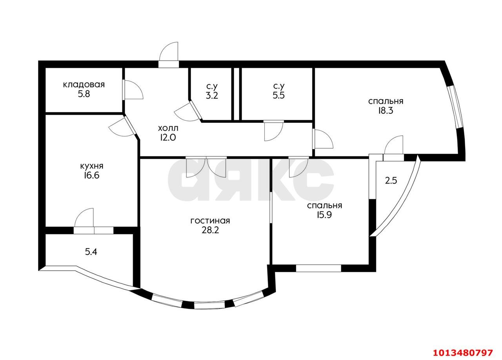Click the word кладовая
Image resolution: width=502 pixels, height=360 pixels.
(84, 85)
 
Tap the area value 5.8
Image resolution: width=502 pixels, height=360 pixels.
(84, 94)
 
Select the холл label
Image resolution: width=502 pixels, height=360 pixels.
(168, 128)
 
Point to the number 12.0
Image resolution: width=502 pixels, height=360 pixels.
(168, 138)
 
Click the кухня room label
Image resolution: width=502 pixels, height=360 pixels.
(92, 166)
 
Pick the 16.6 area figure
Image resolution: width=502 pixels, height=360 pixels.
(92, 176)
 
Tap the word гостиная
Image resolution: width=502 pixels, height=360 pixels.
(210, 221)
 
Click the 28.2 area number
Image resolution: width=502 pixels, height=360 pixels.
(210, 230)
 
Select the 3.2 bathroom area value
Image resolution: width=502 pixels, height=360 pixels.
(212, 96)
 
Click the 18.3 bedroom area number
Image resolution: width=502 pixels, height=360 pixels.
(386, 111)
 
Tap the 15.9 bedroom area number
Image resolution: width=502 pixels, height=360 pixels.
(324, 215)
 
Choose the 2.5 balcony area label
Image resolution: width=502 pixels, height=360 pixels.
(391, 181)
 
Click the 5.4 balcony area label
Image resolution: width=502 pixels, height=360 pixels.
(91, 252)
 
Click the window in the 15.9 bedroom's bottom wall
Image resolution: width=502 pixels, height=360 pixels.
(318, 268)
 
